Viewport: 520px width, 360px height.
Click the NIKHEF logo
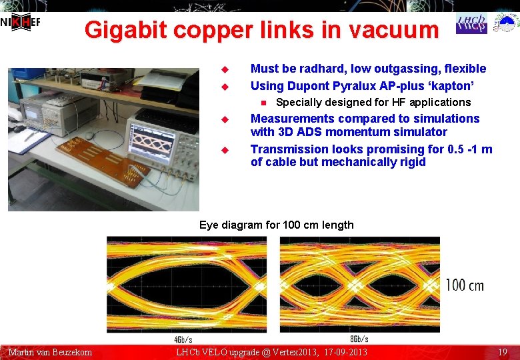21,22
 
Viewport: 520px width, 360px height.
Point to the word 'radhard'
311,69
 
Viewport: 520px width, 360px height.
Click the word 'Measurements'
292,119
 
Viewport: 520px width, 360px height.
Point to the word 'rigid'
411,162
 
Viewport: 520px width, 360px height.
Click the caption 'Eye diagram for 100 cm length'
277,225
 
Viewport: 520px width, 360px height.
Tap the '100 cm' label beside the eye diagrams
465,285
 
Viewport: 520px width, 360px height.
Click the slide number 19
503,352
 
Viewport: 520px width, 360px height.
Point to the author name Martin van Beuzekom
50,352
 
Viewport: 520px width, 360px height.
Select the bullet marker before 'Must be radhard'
225,69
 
